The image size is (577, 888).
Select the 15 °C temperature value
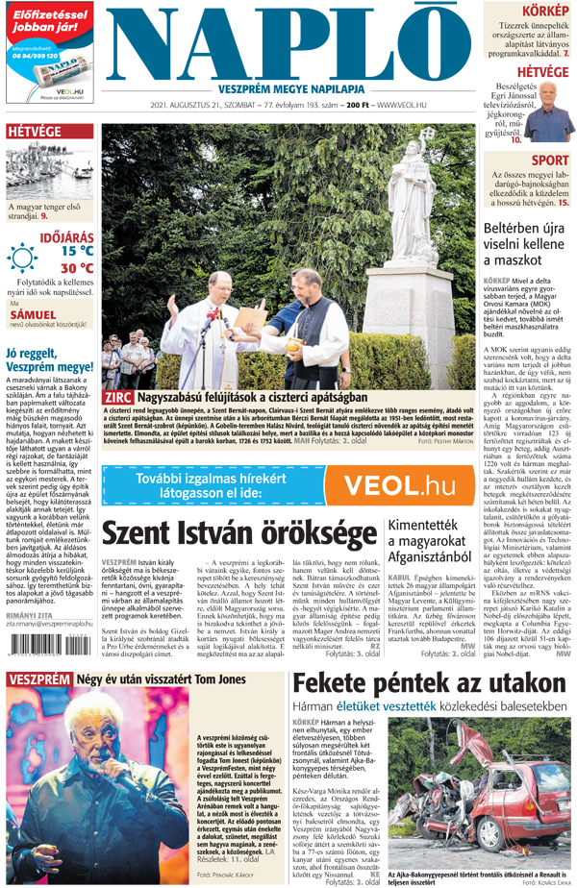coord(76,250)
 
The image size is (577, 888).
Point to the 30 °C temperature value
coord(76,268)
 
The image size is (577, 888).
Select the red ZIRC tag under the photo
coord(118,397)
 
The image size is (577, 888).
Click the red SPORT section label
coord(549,160)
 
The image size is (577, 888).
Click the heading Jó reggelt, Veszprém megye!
coord(49,359)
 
